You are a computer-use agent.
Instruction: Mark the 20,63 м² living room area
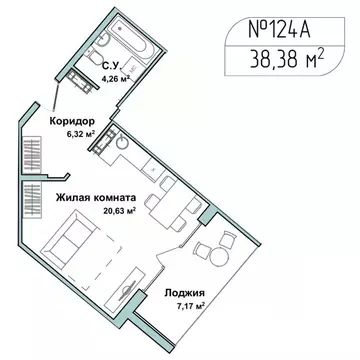click(x=98, y=211)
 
